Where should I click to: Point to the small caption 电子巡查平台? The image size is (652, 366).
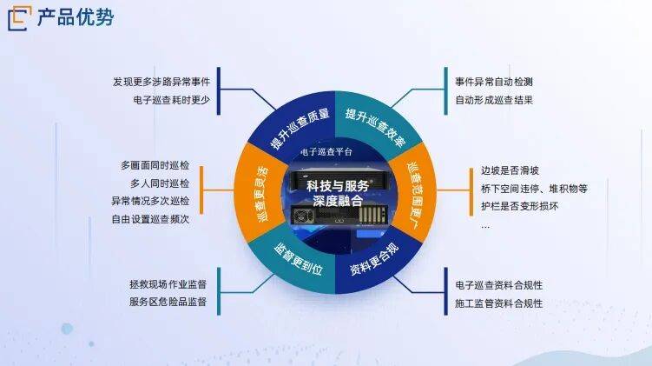(326, 152)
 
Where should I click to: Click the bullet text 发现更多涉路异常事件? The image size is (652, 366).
(161, 82)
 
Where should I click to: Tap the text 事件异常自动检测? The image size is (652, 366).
(494, 82)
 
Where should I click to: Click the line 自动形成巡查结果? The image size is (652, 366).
(494, 100)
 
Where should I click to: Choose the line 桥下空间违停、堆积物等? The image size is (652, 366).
(534, 189)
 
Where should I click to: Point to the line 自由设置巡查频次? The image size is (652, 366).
(150, 219)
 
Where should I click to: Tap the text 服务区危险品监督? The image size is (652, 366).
(168, 303)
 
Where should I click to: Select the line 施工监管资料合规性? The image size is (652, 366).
(499, 303)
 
